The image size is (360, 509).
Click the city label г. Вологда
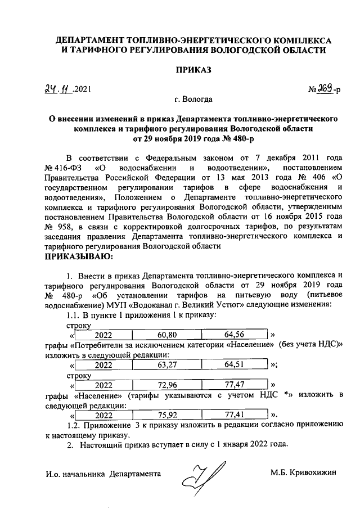pyautogui.click(x=193, y=100)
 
